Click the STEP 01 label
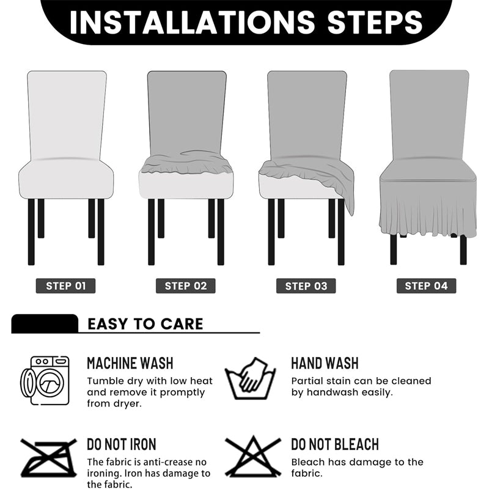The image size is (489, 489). point(66,285)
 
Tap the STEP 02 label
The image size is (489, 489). point(186,285)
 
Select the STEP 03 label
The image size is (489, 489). point(306,285)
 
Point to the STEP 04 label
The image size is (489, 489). point(426,285)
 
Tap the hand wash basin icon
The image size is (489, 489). point(251,379)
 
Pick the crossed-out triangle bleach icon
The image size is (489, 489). point(252,457)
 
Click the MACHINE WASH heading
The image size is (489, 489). point(130,363)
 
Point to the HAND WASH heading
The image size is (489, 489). point(325,363)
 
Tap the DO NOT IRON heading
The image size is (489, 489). point(121,444)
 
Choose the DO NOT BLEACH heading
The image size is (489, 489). point(334,444)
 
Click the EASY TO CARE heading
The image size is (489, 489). point(145,324)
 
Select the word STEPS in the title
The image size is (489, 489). point(375,22)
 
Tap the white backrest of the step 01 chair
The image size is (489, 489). point(67,113)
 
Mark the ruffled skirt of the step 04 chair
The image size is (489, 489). point(427,211)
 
